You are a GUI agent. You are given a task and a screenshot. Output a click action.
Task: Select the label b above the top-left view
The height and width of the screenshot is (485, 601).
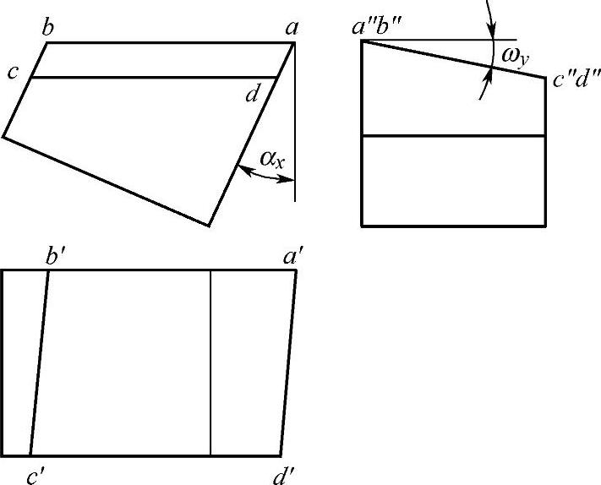coord(49,28)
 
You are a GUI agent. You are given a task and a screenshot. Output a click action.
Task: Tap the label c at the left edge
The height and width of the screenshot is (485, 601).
coord(13,72)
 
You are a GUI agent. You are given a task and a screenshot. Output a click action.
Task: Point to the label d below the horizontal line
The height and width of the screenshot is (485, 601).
coord(252,94)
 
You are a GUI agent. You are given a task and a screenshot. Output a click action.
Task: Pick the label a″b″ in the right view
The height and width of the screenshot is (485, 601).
coord(381,26)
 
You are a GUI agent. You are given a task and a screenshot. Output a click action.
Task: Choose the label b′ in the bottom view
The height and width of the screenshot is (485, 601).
coord(57,254)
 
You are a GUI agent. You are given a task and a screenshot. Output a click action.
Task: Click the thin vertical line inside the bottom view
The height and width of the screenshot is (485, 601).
coord(210,363)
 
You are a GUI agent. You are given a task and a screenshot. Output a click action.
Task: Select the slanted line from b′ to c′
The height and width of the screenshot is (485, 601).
coord(39,363)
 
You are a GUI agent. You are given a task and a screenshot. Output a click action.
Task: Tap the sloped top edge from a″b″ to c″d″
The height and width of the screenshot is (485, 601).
coord(453,59)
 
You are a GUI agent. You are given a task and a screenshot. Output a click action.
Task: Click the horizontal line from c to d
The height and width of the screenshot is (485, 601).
coord(152,78)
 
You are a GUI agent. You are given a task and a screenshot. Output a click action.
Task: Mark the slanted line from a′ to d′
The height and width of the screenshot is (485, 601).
coord(287,363)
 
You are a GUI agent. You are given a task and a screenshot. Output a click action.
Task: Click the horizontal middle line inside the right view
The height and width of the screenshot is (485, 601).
coord(453,136)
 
